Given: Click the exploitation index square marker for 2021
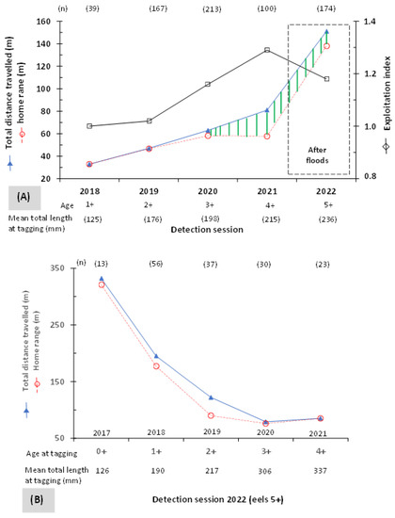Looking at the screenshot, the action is [x=267, y=50].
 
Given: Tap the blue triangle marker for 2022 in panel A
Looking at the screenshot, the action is [x=326, y=31].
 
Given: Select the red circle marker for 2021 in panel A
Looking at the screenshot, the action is [x=267, y=137].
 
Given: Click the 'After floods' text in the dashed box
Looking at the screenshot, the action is [x=317, y=155].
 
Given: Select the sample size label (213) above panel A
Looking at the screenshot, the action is [x=212, y=8].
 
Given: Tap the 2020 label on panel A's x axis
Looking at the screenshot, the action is [x=208, y=191].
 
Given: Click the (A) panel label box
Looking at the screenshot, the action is [x=24, y=198].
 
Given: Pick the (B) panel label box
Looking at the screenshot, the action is [x=38, y=499].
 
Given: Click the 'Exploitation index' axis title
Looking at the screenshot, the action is [x=387, y=93].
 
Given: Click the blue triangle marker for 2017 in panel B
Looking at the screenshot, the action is [x=102, y=279].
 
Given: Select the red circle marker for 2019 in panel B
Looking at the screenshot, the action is [x=211, y=415].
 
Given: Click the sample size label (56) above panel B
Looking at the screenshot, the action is [x=156, y=264].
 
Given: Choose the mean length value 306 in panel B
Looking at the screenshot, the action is [x=264, y=471].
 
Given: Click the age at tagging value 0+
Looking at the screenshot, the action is [x=102, y=451].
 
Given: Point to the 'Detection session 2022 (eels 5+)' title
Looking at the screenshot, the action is [x=218, y=499].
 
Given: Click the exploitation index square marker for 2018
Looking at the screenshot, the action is [x=89, y=126].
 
